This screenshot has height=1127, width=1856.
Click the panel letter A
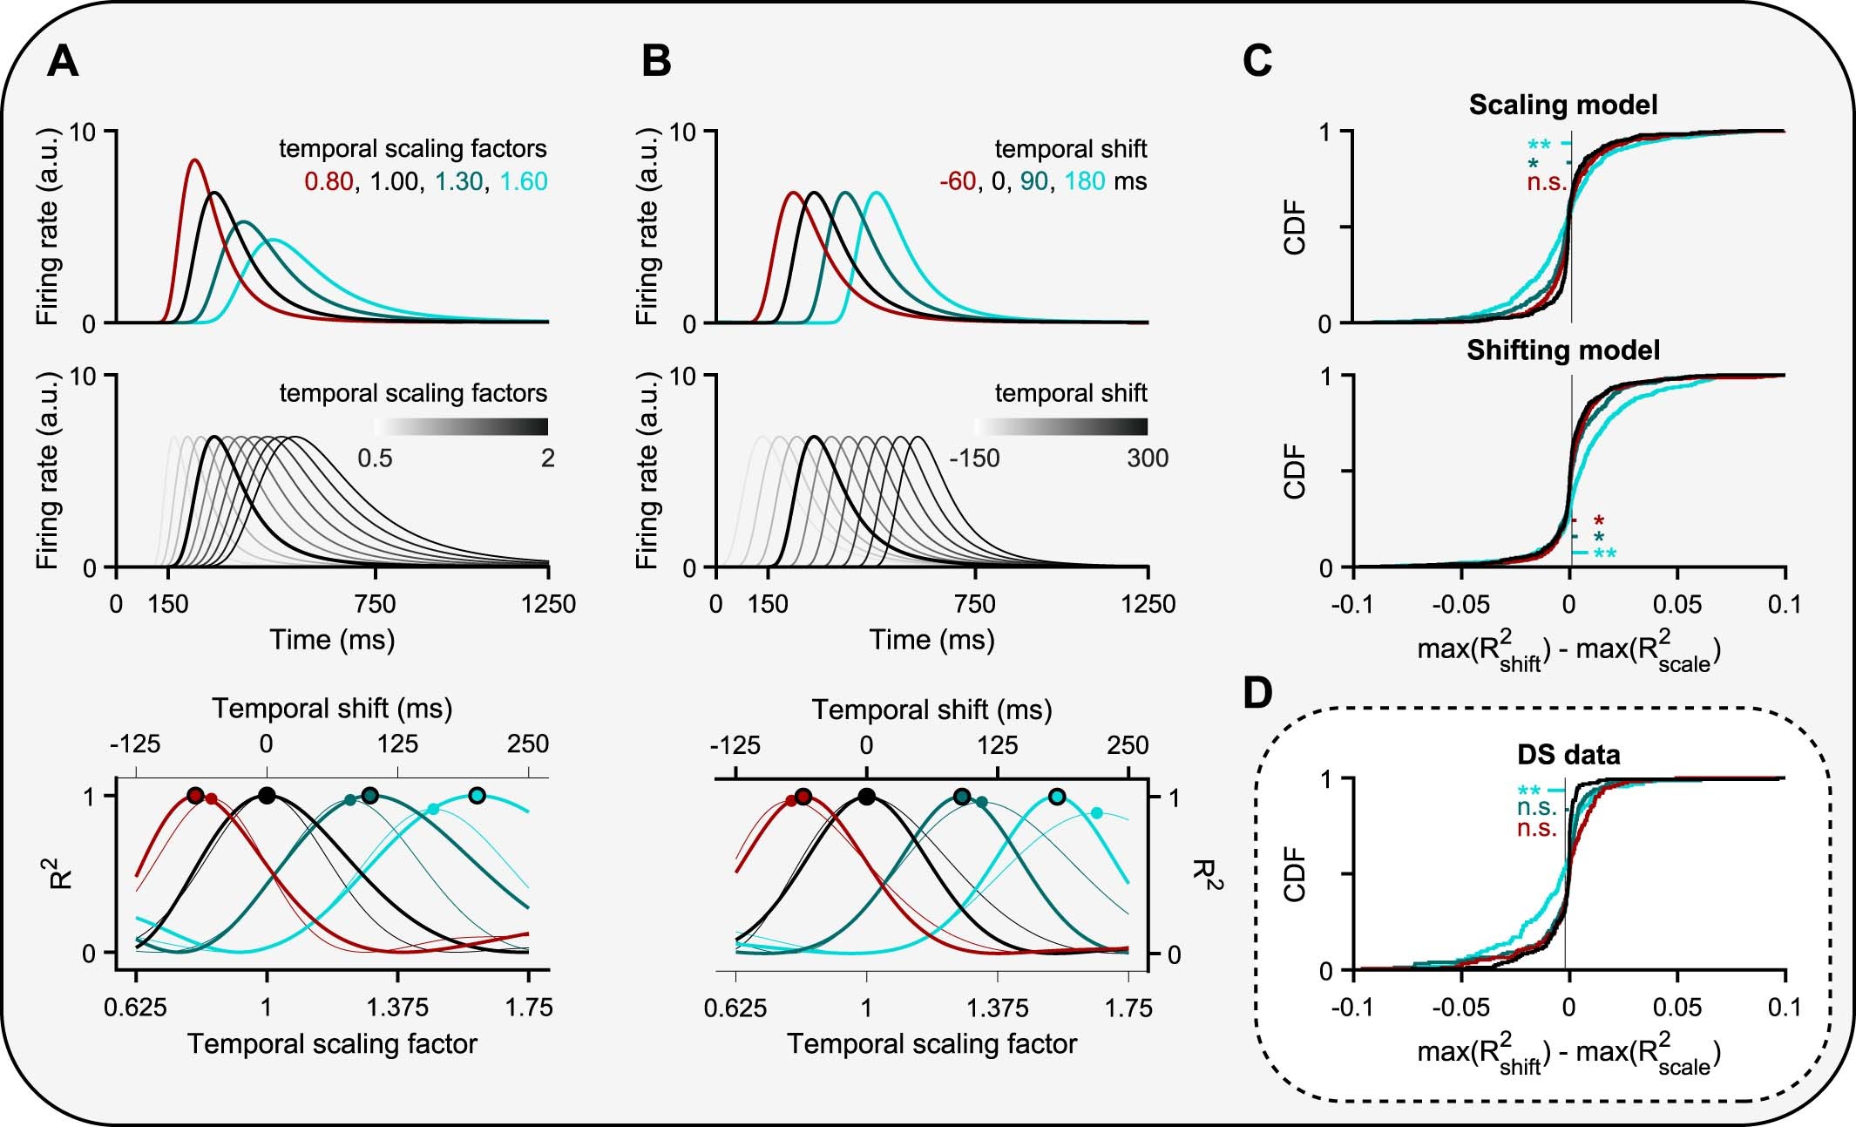point(63,63)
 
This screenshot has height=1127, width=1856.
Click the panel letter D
point(1257,693)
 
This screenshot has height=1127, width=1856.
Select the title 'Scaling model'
point(1563,105)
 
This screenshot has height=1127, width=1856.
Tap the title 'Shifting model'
point(1563,350)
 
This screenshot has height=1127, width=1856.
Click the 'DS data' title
point(1568,754)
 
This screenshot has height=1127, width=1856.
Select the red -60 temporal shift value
point(957,182)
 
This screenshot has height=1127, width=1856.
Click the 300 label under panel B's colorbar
point(1147,458)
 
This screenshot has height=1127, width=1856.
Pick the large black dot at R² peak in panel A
point(267,795)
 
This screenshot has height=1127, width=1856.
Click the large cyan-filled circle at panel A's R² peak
point(476,795)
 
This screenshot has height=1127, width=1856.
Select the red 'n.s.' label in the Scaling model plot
point(1546,184)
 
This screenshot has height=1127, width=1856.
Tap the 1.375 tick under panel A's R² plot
point(398,1008)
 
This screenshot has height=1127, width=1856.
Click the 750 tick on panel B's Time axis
point(974,604)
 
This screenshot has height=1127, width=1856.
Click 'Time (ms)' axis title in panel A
point(332,641)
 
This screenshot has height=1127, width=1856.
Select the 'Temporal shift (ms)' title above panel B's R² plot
point(931,710)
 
